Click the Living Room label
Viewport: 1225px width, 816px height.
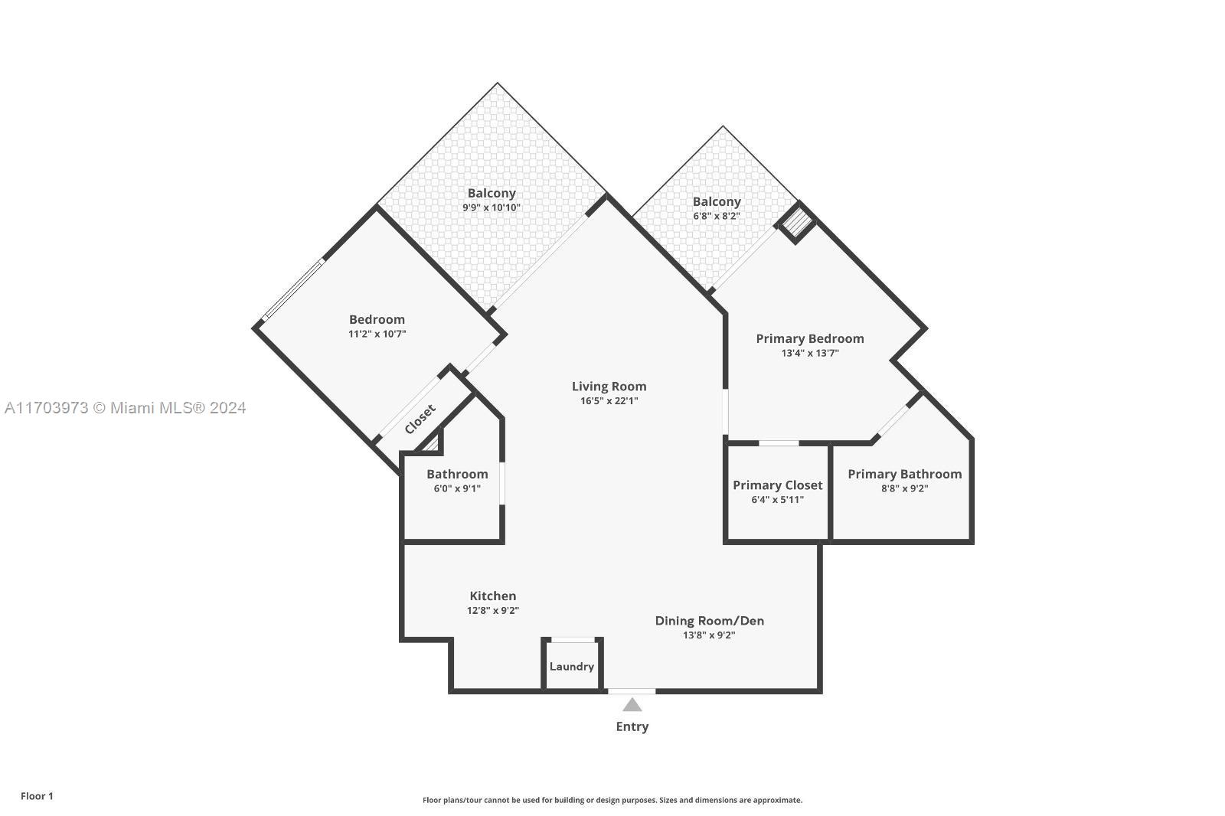[x=609, y=387]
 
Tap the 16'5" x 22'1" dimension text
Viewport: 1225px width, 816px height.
[x=609, y=401]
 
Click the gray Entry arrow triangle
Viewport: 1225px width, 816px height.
[x=632, y=705]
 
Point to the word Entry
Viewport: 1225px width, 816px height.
[x=632, y=726]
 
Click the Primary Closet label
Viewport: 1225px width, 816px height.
[x=777, y=485]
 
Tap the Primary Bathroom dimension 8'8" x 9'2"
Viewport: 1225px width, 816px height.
[x=904, y=488]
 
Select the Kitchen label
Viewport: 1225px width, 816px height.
[x=492, y=596]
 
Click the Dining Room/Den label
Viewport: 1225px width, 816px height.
[x=709, y=621]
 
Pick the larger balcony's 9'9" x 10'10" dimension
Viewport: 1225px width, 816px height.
[x=492, y=207]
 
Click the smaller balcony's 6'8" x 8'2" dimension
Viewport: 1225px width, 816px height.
[x=717, y=216]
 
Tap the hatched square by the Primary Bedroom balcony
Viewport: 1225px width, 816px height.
[x=797, y=223]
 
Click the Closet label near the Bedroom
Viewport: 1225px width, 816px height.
[x=420, y=419]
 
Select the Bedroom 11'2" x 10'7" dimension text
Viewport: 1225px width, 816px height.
[x=377, y=334]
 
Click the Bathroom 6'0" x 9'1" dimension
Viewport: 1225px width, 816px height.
[x=457, y=488]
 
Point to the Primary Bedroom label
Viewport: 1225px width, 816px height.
[x=809, y=338]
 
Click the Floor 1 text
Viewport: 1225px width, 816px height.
[x=37, y=796]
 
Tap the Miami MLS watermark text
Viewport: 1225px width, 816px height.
[x=125, y=408]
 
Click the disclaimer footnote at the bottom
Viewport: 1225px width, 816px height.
[x=612, y=800]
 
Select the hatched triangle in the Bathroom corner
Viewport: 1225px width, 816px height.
[x=433, y=444]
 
